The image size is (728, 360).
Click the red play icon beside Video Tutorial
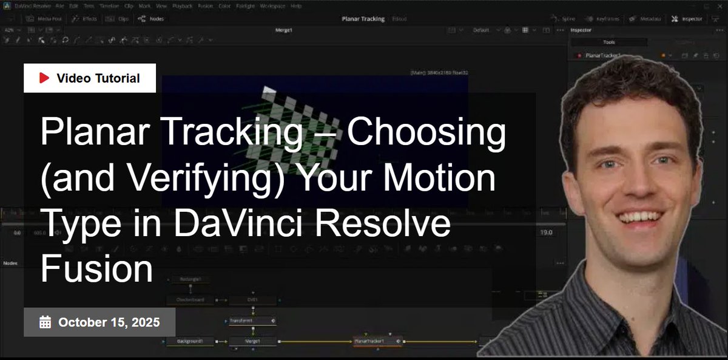[x=44, y=78]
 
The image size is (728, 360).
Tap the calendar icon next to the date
[x=45, y=322]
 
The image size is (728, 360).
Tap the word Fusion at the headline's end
[x=97, y=270]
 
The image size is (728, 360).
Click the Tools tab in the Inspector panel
[x=609, y=42]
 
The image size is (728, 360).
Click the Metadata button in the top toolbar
[x=645, y=19]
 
